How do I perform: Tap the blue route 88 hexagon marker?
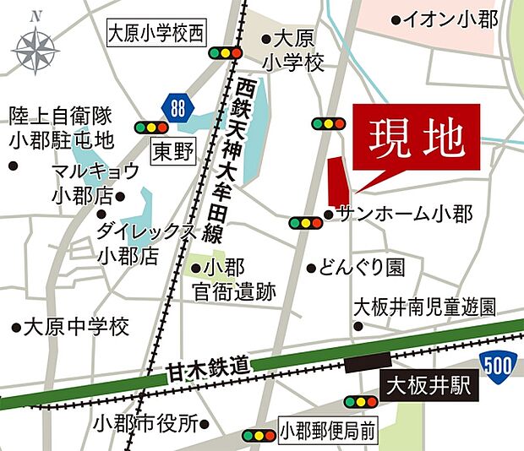(x=177, y=106)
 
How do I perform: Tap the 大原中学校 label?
(x=76, y=325)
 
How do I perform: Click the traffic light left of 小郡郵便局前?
(x=258, y=436)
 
